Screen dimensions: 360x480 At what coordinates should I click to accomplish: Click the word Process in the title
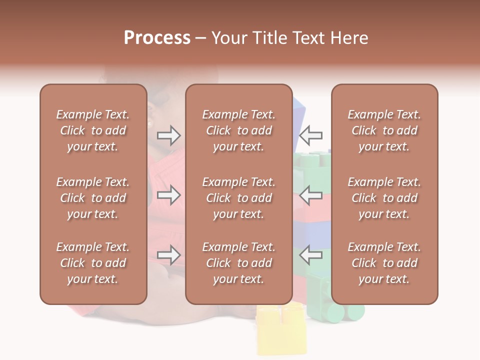pyautogui.click(x=157, y=38)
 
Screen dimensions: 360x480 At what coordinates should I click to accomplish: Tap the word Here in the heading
pyautogui.click(x=349, y=38)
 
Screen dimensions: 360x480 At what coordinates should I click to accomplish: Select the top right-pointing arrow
pyautogui.click(x=169, y=135)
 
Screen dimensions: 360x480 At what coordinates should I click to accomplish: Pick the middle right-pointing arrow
pyautogui.click(x=169, y=195)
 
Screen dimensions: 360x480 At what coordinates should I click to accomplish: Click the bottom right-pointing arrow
pyautogui.click(x=169, y=255)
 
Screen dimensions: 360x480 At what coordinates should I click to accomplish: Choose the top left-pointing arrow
pyautogui.click(x=310, y=135)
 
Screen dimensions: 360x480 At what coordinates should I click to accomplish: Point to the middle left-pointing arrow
pyautogui.click(x=310, y=195)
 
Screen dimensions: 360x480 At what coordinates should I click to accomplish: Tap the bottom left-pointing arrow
pyautogui.click(x=310, y=255)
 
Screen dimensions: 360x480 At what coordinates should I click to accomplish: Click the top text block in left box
pyautogui.click(x=93, y=130)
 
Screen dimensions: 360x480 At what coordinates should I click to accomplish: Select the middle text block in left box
pyautogui.click(x=93, y=198)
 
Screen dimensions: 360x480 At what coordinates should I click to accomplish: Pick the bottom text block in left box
pyautogui.click(x=93, y=263)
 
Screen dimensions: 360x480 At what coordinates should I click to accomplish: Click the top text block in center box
pyautogui.click(x=238, y=130)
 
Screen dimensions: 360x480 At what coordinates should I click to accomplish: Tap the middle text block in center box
pyautogui.click(x=238, y=198)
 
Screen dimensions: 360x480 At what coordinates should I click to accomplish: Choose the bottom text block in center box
pyautogui.click(x=238, y=263)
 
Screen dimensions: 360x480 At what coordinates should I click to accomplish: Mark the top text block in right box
pyautogui.click(x=384, y=130)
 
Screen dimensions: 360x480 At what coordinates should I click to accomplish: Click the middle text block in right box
pyautogui.click(x=384, y=198)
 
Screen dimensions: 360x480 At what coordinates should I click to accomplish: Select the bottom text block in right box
pyautogui.click(x=384, y=263)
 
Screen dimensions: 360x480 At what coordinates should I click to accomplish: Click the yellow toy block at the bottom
pyautogui.click(x=281, y=330)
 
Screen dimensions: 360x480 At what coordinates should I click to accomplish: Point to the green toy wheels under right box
pyautogui.click(x=345, y=312)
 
